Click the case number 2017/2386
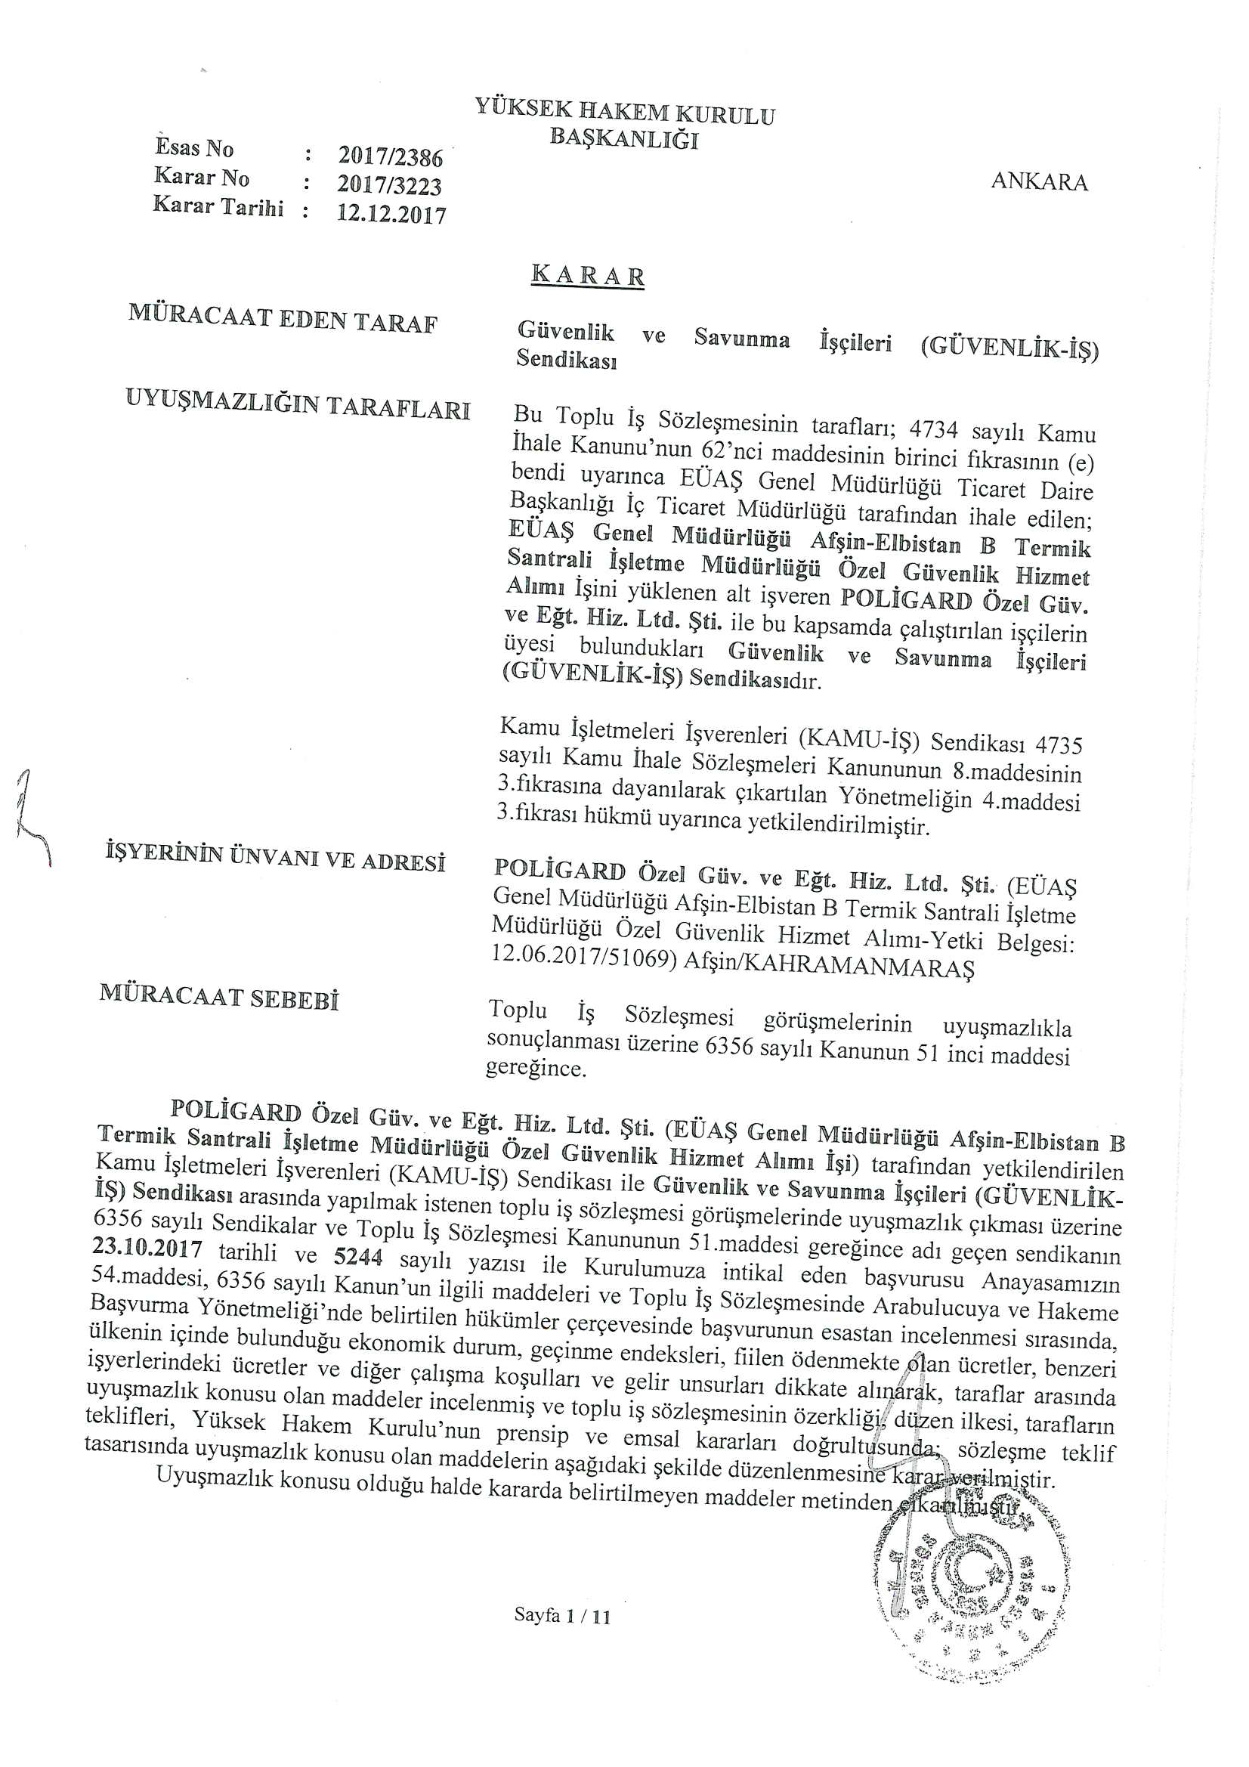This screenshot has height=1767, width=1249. coord(390,157)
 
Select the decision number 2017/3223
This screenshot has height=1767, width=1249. coord(390,185)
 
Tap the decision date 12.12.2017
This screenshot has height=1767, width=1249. coord(391,213)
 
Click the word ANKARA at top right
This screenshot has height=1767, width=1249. coord(1039,181)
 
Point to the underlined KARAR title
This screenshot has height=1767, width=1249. coord(588,276)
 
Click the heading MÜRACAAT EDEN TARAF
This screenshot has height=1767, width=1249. coord(283,319)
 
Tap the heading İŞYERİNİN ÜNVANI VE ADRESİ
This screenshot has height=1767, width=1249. coord(276,857)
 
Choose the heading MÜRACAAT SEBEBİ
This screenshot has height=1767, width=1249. coord(219,998)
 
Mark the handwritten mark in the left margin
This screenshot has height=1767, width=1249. coord(32,818)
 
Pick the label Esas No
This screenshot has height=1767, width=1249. coord(195,147)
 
